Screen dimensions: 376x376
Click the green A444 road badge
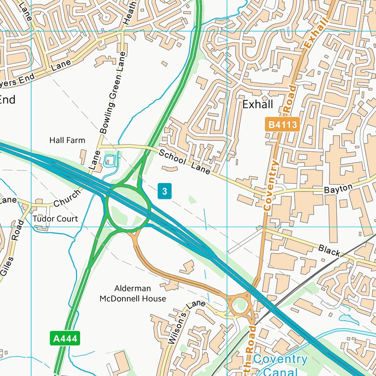click(x=65, y=338)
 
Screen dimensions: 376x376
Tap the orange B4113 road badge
click(x=282, y=124)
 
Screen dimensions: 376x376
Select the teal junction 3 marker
click(x=165, y=191)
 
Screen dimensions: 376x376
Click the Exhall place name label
click(x=258, y=105)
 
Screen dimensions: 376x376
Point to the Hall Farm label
click(x=67, y=141)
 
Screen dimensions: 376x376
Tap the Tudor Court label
click(x=55, y=219)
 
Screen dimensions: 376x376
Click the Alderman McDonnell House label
click(x=133, y=293)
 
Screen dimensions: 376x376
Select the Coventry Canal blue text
click(x=281, y=365)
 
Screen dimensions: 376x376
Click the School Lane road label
click(x=185, y=162)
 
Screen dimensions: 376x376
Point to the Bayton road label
click(x=338, y=188)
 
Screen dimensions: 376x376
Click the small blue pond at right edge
click(x=348, y=319)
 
